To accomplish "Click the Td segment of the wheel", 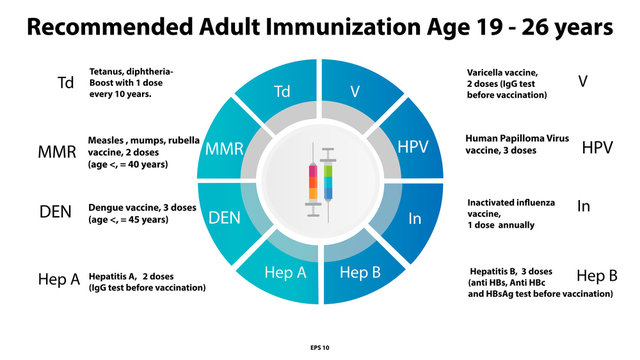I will click(x=284, y=93).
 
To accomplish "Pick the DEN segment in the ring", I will click(x=224, y=216).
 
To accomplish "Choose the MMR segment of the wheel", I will click(x=224, y=148).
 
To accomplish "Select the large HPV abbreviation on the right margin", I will click(x=597, y=148).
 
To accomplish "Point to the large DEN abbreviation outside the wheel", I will click(x=55, y=212).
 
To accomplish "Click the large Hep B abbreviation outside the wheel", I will click(x=597, y=276).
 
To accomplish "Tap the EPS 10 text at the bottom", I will click(x=319, y=347).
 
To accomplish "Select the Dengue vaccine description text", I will click(x=139, y=213).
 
